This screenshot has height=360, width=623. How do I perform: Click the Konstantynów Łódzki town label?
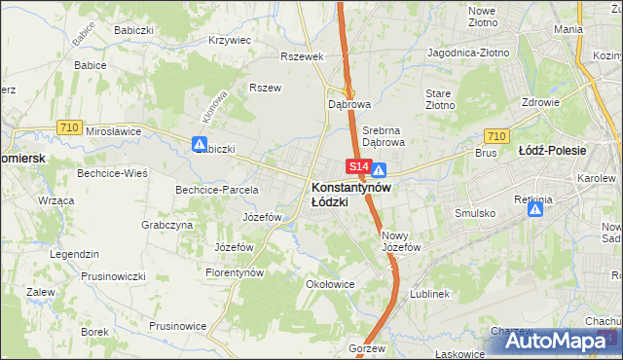tap(350, 194)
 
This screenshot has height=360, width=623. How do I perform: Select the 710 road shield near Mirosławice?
tap(68, 126)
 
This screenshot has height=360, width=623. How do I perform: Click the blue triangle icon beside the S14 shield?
tap(380, 169)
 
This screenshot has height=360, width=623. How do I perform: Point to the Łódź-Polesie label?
tap(552, 151)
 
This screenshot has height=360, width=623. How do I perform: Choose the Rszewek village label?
tap(301, 56)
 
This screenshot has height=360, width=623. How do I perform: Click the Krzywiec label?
tap(230, 41)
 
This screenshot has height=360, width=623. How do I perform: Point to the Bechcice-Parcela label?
tap(216, 189)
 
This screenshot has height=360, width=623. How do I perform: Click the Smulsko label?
tap(475, 212)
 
